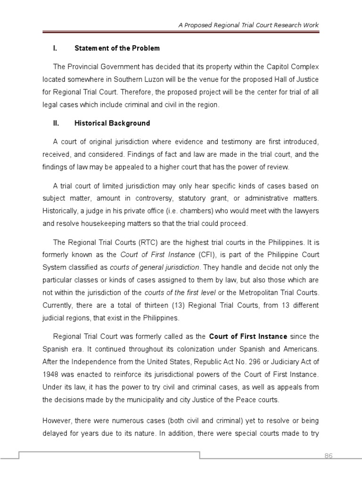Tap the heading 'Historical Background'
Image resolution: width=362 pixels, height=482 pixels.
click(x=112, y=123)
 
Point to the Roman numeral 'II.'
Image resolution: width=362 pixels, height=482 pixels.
click(x=55, y=123)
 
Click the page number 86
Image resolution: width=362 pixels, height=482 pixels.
click(x=328, y=456)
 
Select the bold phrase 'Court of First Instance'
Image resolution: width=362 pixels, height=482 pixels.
click(x=248, y=337)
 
